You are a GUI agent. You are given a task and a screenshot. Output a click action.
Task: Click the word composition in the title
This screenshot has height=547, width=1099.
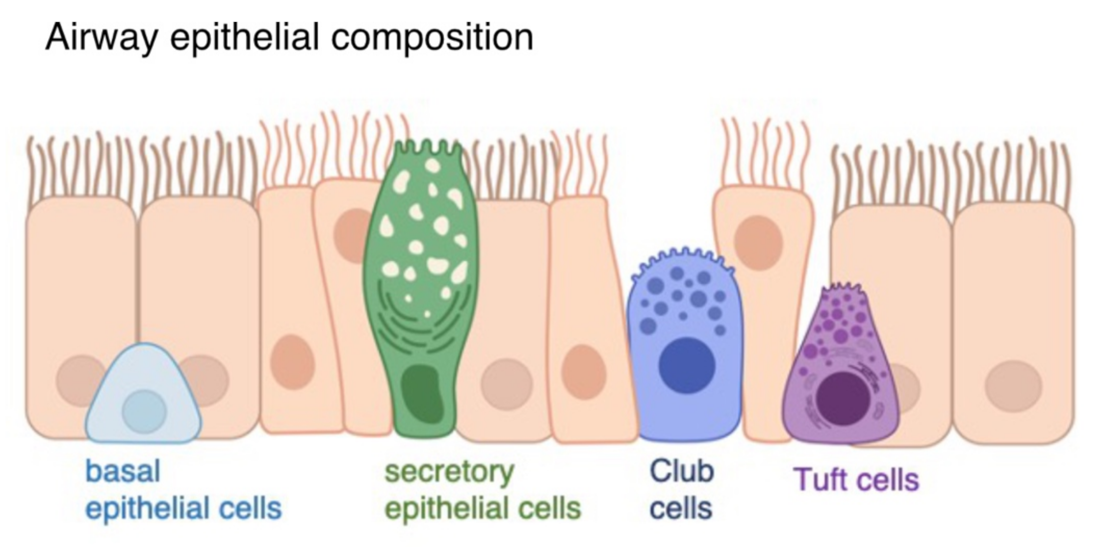(x=432, y=38)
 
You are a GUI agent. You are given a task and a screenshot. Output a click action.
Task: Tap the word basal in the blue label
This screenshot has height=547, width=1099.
(x=123, y=471)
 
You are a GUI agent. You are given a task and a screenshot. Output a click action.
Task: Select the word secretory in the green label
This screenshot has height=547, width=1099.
(x=449, y=471)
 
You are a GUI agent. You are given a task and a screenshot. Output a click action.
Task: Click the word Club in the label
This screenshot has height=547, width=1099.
(x=681, y=471)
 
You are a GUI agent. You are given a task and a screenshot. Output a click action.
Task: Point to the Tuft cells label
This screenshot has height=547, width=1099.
(x=856, y=480)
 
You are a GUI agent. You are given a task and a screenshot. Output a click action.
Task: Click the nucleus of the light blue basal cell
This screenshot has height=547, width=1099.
(x=144, y=411)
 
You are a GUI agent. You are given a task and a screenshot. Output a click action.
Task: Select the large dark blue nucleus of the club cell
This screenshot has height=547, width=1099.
(x=687, y=365)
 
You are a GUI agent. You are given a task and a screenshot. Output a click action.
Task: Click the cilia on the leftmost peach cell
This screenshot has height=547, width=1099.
(x=80, y=165)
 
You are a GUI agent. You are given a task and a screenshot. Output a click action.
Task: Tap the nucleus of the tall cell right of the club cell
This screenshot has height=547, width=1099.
(x=758, y=243)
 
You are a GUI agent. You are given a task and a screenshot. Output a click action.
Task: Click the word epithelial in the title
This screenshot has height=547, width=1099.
(x=244, y=38)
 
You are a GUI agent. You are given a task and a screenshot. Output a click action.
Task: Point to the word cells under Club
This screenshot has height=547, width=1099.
(x=681, y=509)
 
